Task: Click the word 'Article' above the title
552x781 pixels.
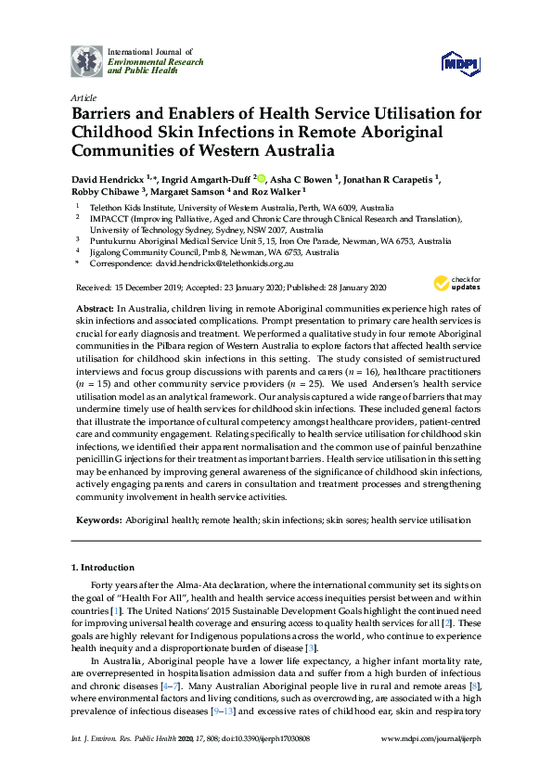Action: click(83, 97)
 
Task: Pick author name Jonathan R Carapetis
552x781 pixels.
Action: click(395, 179)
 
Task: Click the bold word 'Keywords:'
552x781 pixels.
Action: click(97, 521)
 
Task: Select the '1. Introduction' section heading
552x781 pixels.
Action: click(103, 567)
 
